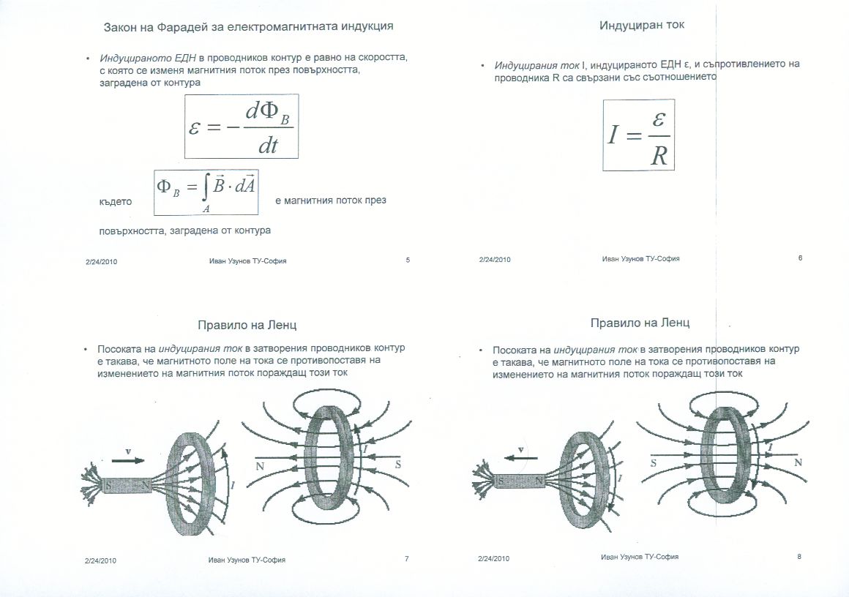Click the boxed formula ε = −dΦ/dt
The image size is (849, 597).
(x=242, y=126)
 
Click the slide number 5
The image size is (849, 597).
(x=408, y=260)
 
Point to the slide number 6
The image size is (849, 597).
(x=800, y=258)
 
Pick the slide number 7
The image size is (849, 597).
(x=406, y=560)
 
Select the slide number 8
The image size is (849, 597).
(x=800, y=557)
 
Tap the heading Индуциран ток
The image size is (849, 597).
(x=642, y=26)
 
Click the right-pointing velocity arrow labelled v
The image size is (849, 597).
(x=129, y=462)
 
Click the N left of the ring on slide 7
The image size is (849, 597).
(x=260, y=465)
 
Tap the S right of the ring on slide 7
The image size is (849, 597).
(x=398, y=465)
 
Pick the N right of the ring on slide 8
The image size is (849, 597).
(x=798, y=462)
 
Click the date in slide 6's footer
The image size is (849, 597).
(x=494, y=260)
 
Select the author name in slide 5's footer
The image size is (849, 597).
(x=247, y=260)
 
